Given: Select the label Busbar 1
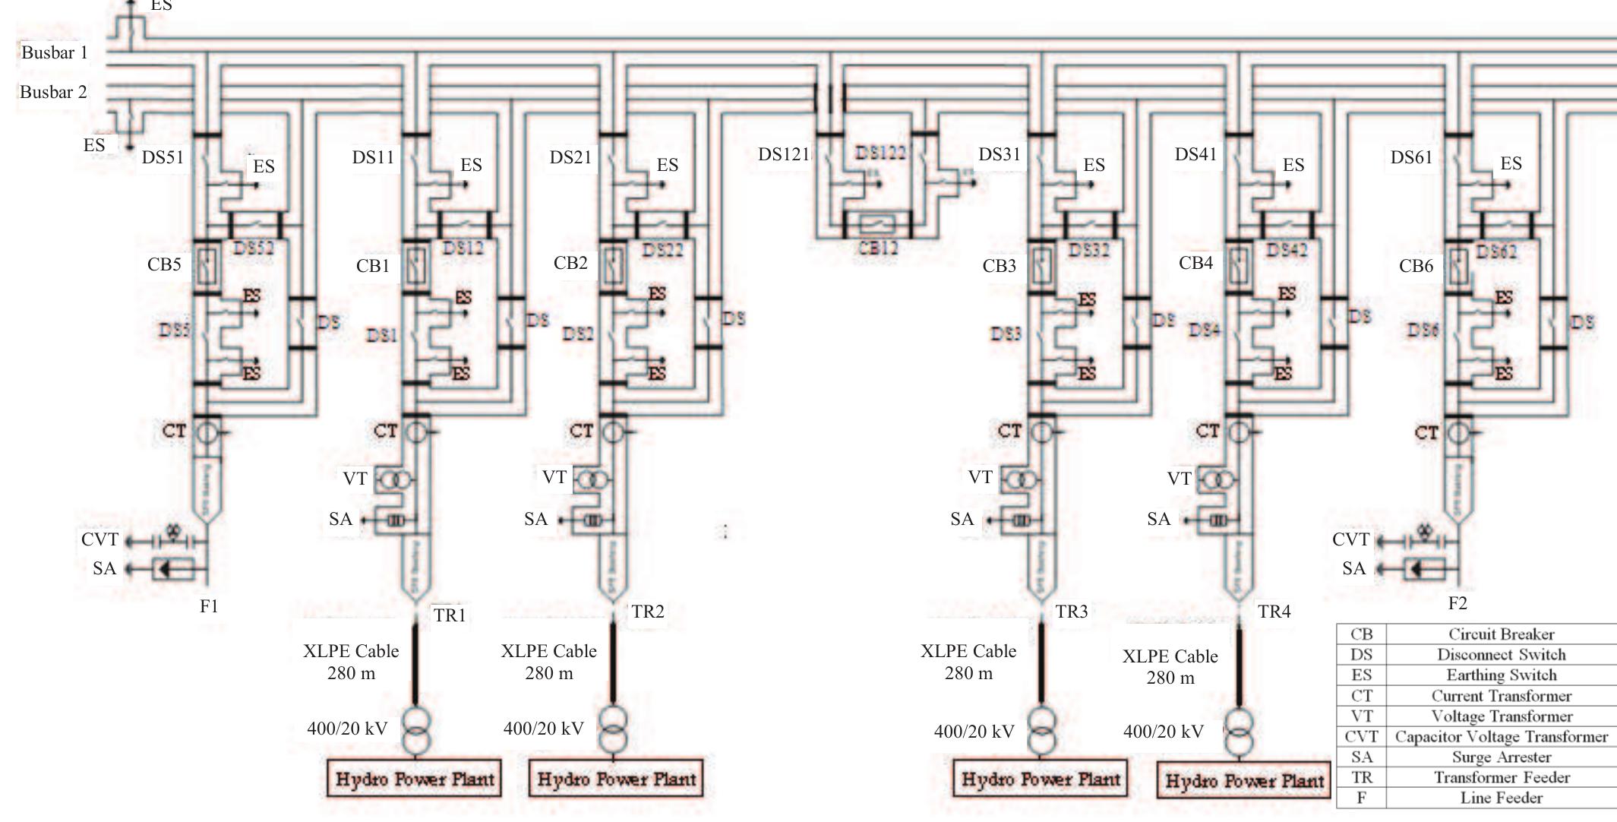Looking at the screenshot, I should [x=54, y=52].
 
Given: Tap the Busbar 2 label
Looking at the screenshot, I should [x=53, y=92].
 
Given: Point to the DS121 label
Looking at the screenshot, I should [x=784, y=155].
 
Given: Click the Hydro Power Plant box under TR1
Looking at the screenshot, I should [x=415, y=779].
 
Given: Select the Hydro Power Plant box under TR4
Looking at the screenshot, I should [x=1244, y=781].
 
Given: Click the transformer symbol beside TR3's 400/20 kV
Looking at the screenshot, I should [x=1041, y=731].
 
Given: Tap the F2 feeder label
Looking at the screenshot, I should [x=1458, y=603].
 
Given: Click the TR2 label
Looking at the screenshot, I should [x=648, y=612].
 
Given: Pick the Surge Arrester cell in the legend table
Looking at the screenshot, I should [x=1501, y=757].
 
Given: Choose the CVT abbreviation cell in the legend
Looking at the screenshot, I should [x=1361, y=737].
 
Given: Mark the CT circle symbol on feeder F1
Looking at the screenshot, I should [x=207, y=432].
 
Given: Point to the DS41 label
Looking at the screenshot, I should [x=1195, y=155].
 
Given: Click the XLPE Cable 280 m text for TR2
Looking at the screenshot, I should [x=548, y=662].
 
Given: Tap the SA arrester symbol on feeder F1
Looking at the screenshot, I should [x=164, y=569].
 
